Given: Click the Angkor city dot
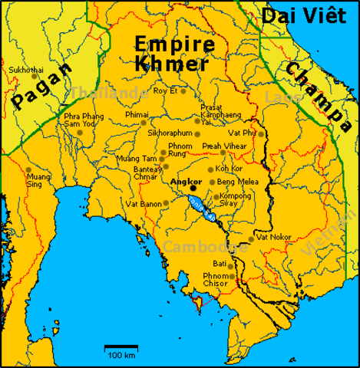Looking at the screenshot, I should click(193, 187).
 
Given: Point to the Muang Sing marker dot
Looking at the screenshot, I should click(28, 170).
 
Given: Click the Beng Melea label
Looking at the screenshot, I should click(236, 182).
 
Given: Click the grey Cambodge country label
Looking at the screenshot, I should click(197, 247).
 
